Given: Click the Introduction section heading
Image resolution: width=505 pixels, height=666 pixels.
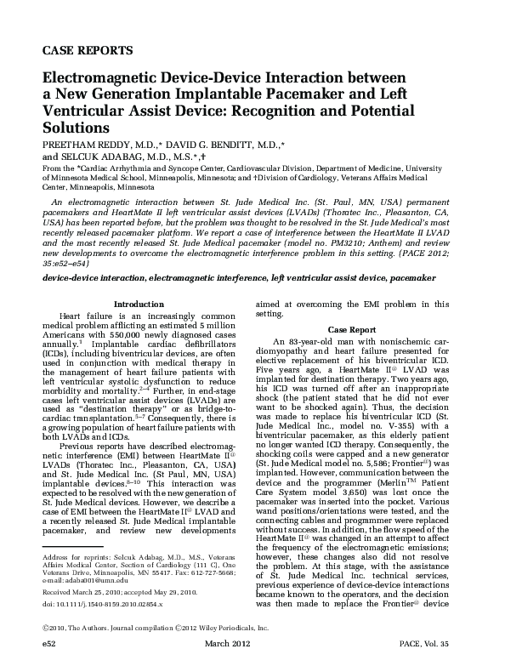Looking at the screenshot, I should click(x=139, y=304).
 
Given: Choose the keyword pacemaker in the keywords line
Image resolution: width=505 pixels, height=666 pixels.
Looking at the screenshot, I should click(x=411, y=278).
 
